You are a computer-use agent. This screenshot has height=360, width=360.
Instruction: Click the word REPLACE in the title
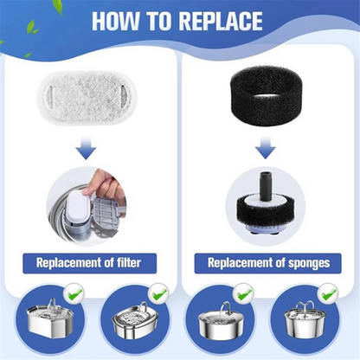click(x=220, y=21)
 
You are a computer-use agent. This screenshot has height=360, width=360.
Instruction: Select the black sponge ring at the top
click(x=266, y=94)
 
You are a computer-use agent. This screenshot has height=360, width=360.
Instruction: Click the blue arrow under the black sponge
click(x=266, y=147)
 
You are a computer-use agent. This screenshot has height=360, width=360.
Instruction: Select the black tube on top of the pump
click(x=266, y=185)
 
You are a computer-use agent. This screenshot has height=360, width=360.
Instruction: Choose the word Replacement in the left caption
click(x=65, y=263)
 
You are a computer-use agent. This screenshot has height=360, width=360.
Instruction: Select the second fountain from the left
click(x=134, y=319)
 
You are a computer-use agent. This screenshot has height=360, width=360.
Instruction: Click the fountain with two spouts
click(x=305, y=319)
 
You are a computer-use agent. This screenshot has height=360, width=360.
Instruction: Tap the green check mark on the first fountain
click(x=74, y=294)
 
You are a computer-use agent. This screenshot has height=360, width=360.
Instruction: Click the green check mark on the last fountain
click(x=328, y=293)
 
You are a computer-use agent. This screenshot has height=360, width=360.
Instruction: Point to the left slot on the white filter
click(x=49, y=93)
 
